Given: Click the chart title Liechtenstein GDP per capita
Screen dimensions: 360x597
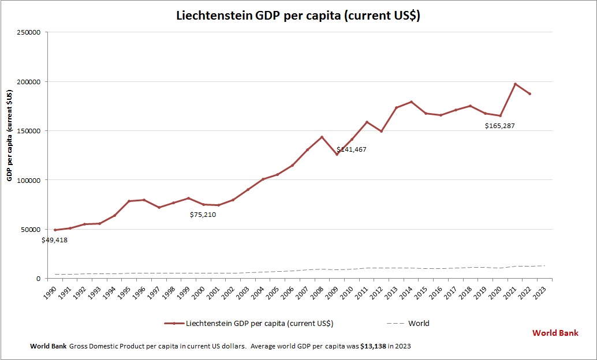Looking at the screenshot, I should click(x=298, y=16).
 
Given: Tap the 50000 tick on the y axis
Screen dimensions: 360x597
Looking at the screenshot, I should click(x=30, y=229).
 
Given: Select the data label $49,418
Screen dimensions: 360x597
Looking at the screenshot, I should click(x=54, y=240).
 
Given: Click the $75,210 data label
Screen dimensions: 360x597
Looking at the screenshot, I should click(x=203, y=215).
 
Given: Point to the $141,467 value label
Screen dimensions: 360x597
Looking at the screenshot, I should click(x=352, y=149).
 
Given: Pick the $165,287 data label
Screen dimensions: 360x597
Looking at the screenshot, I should click(x=499, y=125).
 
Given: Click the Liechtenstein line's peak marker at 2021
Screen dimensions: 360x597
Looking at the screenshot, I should click(x=515, y=84).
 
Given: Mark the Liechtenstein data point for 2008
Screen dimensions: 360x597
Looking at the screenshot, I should click(x=322, y=137).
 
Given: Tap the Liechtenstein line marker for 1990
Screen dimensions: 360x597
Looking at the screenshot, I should click(x=55, y=230).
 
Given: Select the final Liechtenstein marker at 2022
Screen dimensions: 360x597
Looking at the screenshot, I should click(x=530, y=93).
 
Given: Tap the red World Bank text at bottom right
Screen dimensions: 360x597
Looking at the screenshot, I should click(x=555, y=333).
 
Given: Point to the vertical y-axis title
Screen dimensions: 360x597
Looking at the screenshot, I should click(x=9, y=135).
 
